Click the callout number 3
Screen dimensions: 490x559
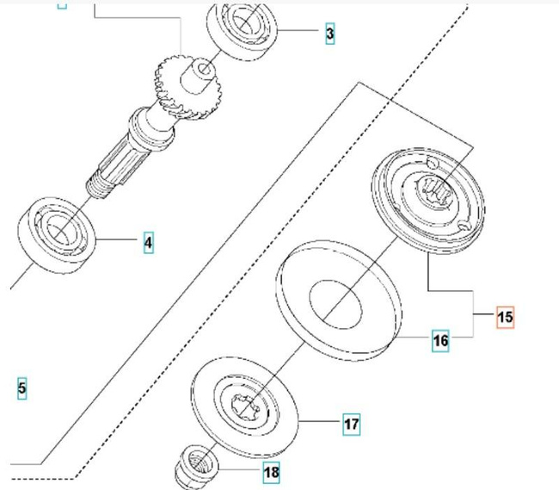coord(330,34)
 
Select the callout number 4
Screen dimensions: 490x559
coord(148,243)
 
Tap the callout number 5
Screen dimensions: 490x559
coord(21,388)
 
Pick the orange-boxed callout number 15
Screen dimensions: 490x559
coord(505,317)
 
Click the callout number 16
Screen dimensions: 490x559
coord(440,341)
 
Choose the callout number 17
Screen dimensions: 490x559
coord(351,424)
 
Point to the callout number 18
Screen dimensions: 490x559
coord(272,472)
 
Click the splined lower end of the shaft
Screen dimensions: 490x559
coord(117,164)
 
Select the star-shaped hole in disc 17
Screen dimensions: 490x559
coord(247,404)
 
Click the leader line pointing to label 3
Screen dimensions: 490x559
coord(300,33)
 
